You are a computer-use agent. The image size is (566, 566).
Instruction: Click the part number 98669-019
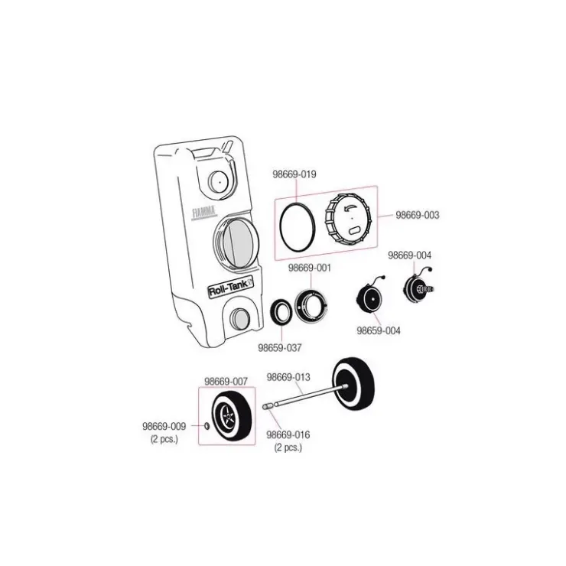coord(294,174)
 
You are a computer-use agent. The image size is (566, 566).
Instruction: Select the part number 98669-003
coord(418,215)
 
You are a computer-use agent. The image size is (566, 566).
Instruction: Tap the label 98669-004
coord(409,255)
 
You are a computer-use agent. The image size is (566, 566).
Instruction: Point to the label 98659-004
coord(379,330)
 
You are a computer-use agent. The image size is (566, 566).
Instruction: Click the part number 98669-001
coord(309,268)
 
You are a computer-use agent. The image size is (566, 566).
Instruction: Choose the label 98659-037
coord(279,348)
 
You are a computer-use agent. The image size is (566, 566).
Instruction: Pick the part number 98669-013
coord(288,377)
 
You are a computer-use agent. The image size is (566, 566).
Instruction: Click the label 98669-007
coord(226,382)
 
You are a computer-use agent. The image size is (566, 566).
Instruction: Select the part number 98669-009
coord(164,426)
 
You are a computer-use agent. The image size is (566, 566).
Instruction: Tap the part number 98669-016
coord(288,435)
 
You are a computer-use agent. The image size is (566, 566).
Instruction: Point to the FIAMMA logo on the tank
coord(204,213)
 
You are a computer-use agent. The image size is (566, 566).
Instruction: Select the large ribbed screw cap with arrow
coord(348,219)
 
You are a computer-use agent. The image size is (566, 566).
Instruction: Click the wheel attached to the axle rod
coord(353,385)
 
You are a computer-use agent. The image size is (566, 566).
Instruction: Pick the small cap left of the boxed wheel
coord(207,426)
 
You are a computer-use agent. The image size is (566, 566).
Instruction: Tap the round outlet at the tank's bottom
coord(239,317)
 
